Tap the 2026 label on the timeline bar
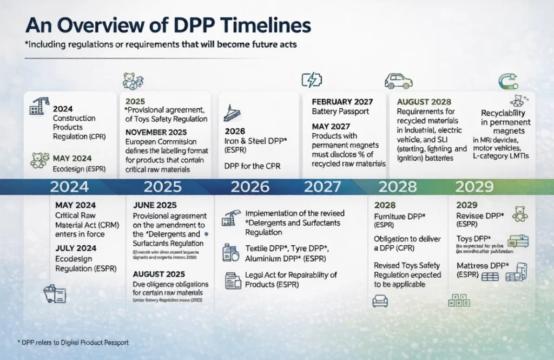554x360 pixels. click(249, 187)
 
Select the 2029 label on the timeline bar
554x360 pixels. click(474, 187)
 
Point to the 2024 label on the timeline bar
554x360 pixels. click(69, 187)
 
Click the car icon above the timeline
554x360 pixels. click(398, 81)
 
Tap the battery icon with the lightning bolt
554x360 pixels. click(311, 80)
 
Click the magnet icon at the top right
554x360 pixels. click(509, 81)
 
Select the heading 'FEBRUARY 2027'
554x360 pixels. click(342, 102)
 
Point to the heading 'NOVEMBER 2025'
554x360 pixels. click(156, 133)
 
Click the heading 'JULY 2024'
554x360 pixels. click(76, 248)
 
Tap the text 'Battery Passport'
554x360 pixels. click(340, 112)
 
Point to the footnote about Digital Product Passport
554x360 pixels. click(73, 343)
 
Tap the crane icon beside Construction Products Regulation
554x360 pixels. click(37, 107)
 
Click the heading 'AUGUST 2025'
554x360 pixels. click(159, 274)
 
